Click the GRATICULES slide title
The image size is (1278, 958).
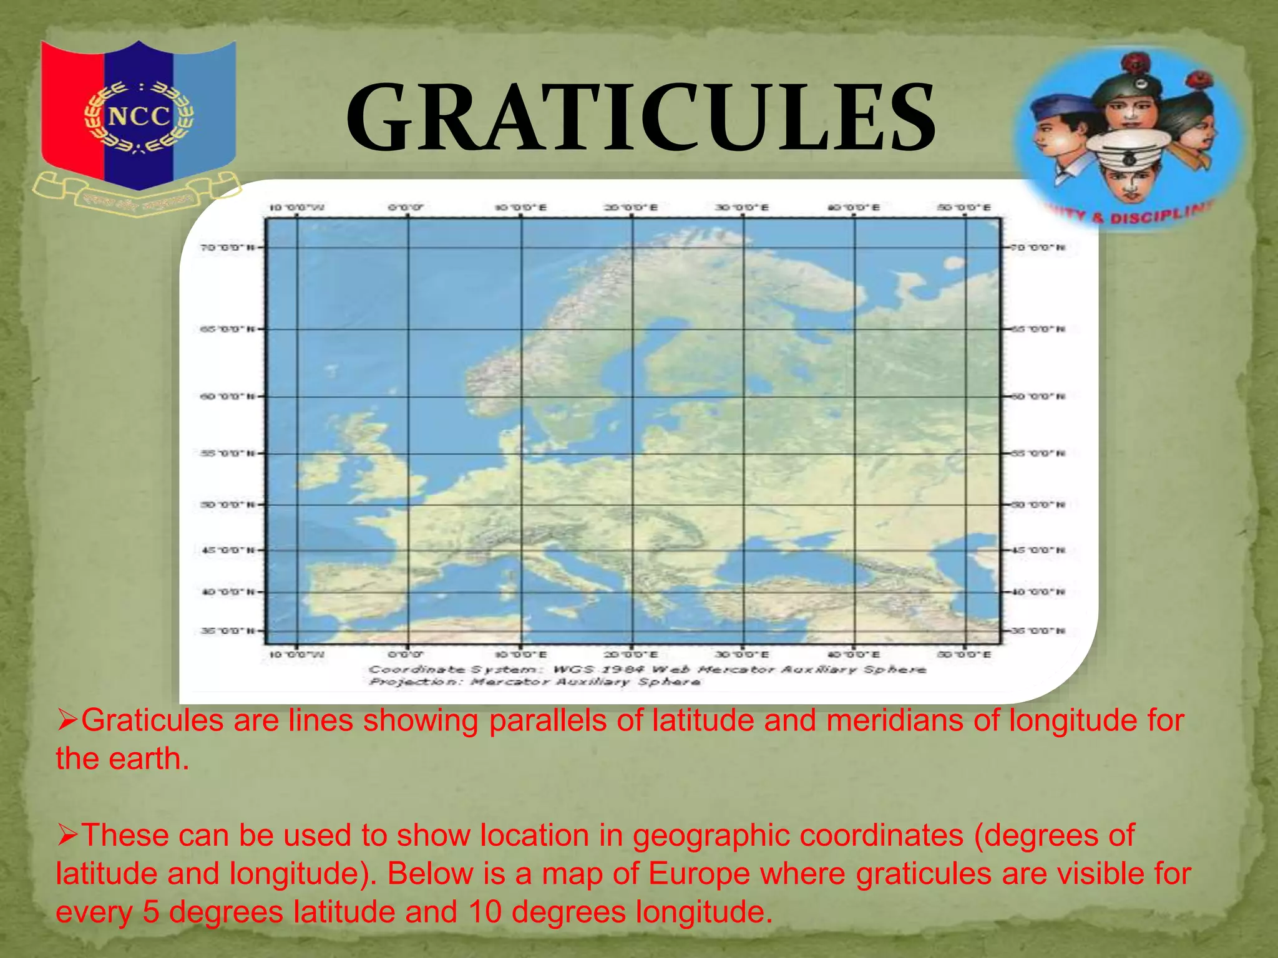click(640, 119)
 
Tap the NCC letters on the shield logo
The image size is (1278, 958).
click(139, 117)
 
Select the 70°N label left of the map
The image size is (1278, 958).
click(227, 248)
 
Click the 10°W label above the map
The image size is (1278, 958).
click(296, 208)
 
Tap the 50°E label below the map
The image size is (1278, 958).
click(964, 655)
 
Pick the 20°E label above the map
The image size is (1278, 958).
click(631, 208)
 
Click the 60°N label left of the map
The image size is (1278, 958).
click(227, 397)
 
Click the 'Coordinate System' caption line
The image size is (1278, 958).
click(646, 670)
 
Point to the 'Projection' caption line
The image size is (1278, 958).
click(534, 682)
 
